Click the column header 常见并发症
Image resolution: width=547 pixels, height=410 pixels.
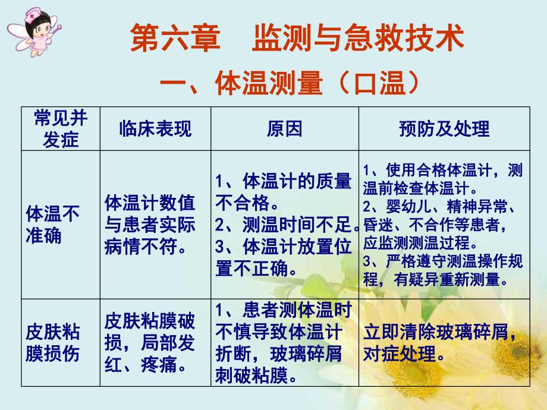61,128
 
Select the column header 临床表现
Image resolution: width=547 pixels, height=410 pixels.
155,128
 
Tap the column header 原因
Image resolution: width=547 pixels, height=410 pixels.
285,128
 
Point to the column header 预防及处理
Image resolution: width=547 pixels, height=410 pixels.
444,128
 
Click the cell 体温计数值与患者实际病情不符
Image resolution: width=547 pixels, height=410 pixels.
149,225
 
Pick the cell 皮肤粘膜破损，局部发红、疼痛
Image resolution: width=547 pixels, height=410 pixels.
149,343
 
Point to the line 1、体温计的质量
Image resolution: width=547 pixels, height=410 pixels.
283,181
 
